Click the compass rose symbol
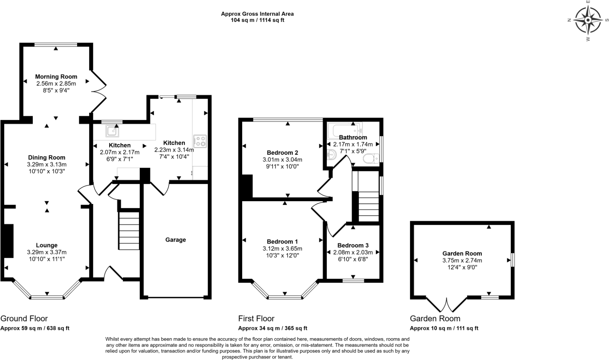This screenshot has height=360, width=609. click(588, 20)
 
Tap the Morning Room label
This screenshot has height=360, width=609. click(56, 76)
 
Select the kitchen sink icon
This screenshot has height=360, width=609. click(112, 131)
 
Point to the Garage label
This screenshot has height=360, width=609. click(175, 240)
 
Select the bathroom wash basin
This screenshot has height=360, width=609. click(331, 154)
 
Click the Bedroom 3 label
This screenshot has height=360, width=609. click(353, 245)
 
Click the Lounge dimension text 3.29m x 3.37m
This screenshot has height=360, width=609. click(46, 252)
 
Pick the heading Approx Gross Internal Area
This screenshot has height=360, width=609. click(257, 14)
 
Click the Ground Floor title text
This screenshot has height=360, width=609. click(24, 319)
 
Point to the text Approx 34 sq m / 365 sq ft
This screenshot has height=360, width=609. click(272, 328)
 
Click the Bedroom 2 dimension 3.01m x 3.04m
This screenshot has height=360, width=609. click(282, 160)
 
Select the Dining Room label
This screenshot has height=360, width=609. click(46, 157)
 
